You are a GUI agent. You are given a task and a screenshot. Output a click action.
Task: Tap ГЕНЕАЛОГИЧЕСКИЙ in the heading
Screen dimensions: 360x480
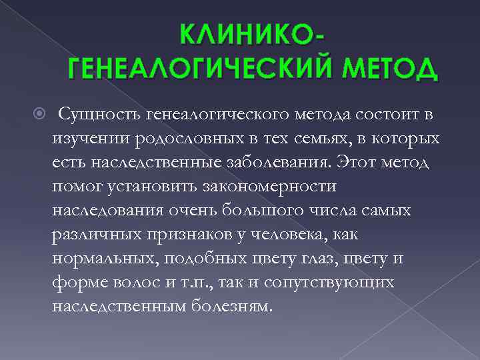click(193, 69)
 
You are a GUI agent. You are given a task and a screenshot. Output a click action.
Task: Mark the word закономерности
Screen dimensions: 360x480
click(277, 186)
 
